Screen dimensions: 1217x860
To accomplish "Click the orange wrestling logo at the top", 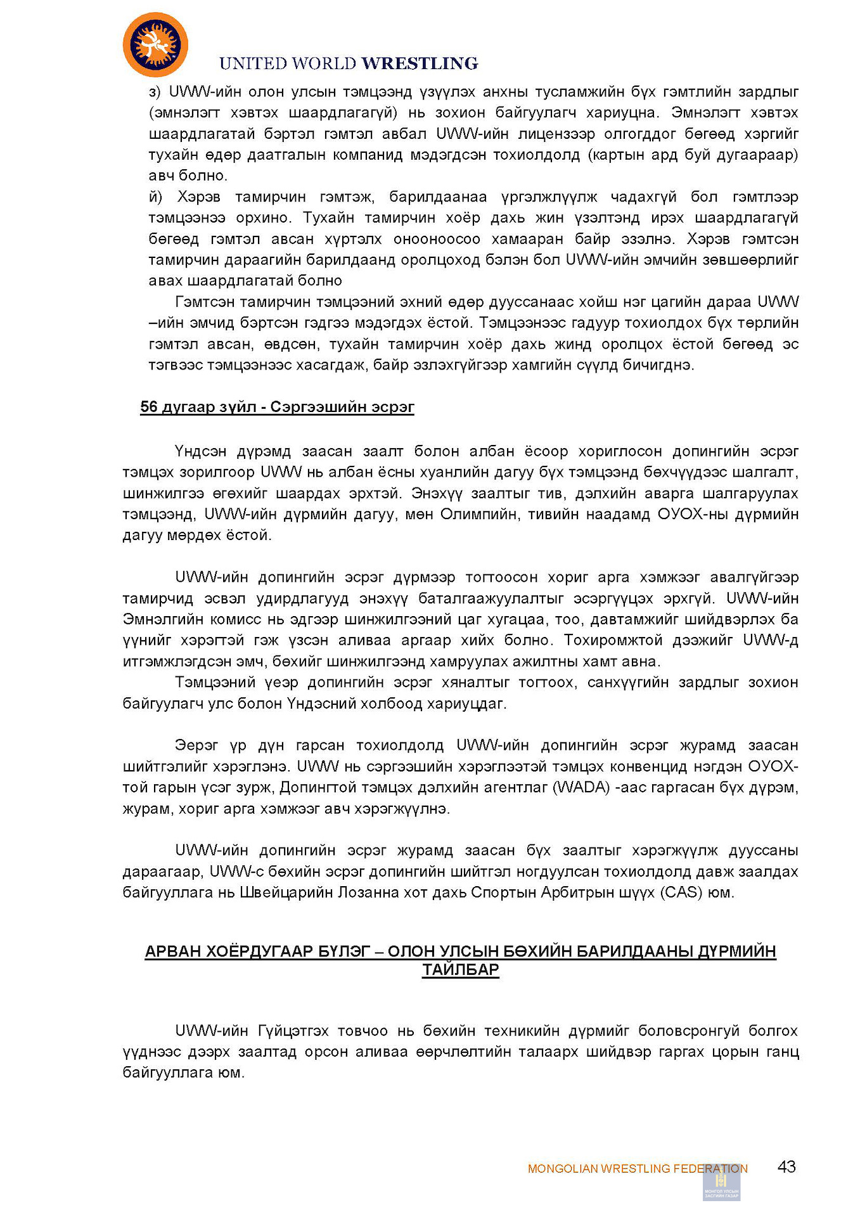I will (x=155, y=45).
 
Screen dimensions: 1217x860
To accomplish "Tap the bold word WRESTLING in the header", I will (x=420, y=63).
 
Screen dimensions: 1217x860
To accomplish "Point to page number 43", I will (x=786, y=1167).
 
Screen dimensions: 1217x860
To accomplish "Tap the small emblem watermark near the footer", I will (x=721, y=1183).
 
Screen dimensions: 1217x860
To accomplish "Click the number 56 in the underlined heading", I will (x=149, y=407).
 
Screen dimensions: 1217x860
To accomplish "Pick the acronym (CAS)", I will (x=681, y=892).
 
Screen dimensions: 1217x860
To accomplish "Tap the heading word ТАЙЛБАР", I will (x=461, y=970).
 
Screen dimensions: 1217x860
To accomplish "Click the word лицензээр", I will (x=557, y=134).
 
